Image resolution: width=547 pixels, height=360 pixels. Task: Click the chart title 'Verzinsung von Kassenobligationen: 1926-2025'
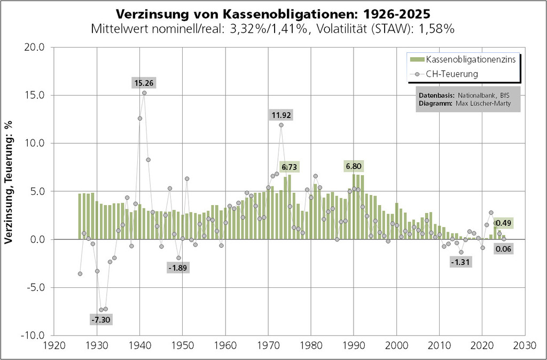coord(273,13)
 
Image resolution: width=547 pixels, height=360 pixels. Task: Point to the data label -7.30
coord(101,319)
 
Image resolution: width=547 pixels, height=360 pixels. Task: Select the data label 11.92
coord(281,115)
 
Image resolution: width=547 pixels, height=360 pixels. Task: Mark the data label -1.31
coord(460,262)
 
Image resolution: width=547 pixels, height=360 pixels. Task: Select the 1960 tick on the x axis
coord(225,345)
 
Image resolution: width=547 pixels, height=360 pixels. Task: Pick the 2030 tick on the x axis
coord(525,345)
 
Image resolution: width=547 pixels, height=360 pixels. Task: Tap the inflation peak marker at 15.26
coord(144,93)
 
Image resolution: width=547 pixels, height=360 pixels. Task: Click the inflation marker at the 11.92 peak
coord(281,125)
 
